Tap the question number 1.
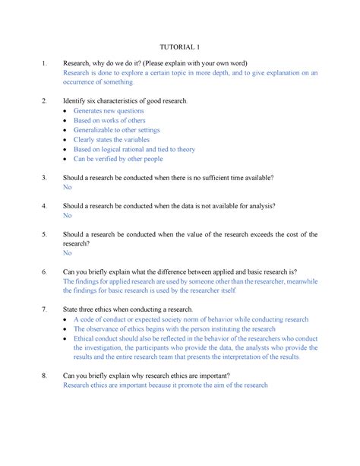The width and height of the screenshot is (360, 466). pyautogui.click(x=45, y=62)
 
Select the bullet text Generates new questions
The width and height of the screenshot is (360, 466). pyautogui.click(x=109, y=111)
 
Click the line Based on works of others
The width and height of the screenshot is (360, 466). pyautogui.click(x=109, y=121)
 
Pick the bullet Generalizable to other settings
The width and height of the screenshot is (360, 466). pyautogui.click(x=122, y=131)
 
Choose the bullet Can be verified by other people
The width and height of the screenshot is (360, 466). pyautogui.click(x=118, y=160)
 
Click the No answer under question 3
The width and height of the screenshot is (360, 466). pyautogui.click(x=67, y=187)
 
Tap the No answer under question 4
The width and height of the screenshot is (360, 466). pyautogui.click(x=67, y=215)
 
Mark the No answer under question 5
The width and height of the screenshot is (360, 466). pyautogui.click(x=67, y=253)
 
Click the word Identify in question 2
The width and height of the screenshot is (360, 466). pyautogui.click(x=77, y=101)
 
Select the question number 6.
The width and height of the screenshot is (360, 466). pyautogui.click(x=45, y=271)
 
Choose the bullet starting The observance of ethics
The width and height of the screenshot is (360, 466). pyautogui.click(x=175, y=329)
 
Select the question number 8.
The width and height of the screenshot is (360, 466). pyautogui.click(x=45, y=376)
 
